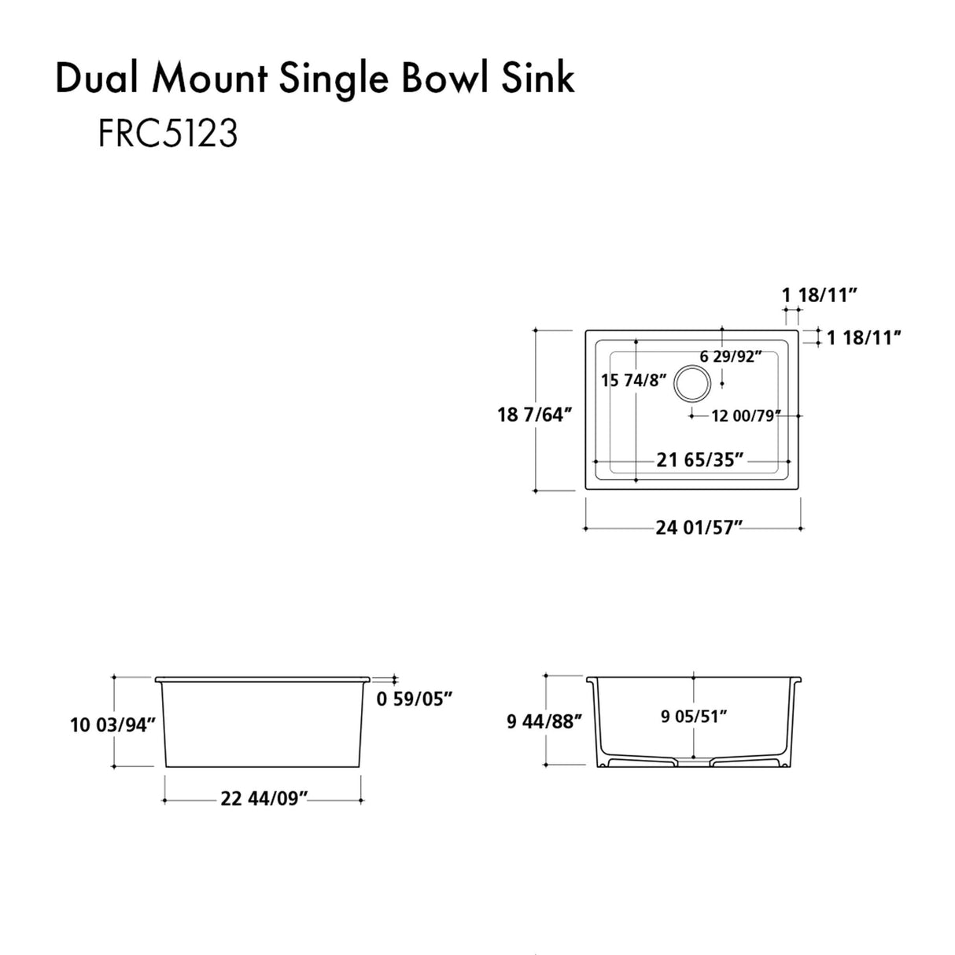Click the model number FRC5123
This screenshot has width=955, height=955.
(168, 135)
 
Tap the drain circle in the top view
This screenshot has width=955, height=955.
(692, 383)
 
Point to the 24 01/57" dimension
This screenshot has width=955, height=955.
(699, 528)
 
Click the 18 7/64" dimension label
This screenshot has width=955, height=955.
(533, 415)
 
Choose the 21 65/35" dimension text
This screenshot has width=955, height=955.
(700, 459)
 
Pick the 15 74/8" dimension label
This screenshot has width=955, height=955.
(633, 381)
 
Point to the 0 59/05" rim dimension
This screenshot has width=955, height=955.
(415, 698)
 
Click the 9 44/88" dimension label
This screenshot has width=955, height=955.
(544, 721)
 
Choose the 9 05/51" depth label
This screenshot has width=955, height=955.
(693, 716)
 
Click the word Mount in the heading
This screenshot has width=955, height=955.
(212, 79)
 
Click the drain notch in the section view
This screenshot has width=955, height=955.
(693, 761)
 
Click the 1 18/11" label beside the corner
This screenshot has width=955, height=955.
(863, 338)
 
